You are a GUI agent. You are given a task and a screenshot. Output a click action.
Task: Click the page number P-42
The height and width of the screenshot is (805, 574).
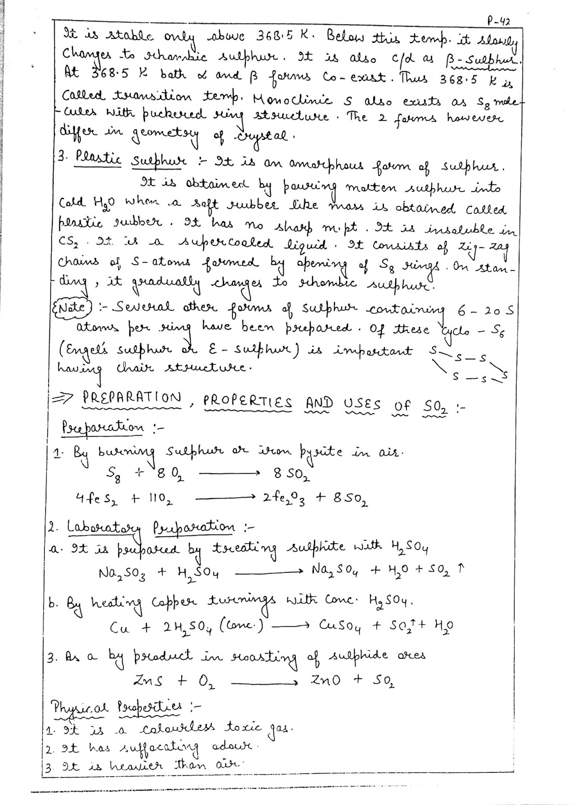(x=499, y=21)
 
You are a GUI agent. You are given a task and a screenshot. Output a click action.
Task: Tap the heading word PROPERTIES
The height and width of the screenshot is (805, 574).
(x=248, y=402)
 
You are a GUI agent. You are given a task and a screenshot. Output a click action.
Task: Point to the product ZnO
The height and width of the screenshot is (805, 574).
(x=325, y=680)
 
